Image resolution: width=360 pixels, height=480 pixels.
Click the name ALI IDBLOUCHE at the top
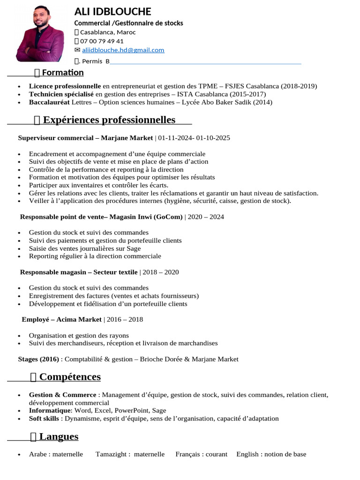point(112,12)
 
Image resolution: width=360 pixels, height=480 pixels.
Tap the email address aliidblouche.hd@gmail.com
point(123,50)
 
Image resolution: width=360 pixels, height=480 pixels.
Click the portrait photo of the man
point(40,34)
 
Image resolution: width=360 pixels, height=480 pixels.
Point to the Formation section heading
point(62,73)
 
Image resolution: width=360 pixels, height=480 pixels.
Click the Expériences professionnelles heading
point(109,120)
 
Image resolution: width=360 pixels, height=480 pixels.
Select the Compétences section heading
point(70,377)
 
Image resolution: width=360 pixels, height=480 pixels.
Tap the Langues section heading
point(59,436)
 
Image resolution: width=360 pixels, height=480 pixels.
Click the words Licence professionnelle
point(65,86)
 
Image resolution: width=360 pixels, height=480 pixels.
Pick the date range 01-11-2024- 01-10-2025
point(194,138)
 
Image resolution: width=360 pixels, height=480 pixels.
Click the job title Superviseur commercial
point(56,138)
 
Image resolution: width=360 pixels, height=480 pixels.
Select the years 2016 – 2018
point(125,319)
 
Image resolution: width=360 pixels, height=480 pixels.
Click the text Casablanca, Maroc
point(108,32)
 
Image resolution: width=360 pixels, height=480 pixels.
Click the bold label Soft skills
point(44,418)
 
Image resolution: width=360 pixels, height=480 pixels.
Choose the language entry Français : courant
point(201,454)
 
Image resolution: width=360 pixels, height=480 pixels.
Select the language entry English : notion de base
point(271,454)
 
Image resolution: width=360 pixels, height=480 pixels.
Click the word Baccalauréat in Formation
point(49,102)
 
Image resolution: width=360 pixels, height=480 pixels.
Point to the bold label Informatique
point(50,410)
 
